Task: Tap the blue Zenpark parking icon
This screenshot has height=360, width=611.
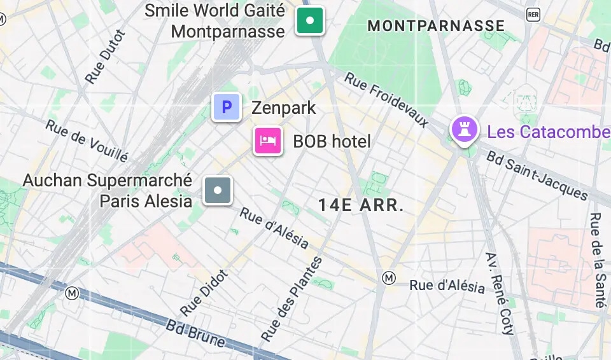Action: click(x=226, y=107)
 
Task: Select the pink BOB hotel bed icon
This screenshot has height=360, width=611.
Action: click(x=268, y=141)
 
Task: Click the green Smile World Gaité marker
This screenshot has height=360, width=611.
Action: click(x=310, y=21)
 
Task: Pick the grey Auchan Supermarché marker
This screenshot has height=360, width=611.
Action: click(x=218, y=190)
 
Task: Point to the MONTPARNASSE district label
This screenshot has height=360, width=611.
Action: click(x=436, y=26)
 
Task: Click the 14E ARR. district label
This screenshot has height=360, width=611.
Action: click(x=361, y=205)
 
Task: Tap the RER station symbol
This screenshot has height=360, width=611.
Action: click(x=533, y=14)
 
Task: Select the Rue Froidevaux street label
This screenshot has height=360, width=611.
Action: click(x=387, y=99)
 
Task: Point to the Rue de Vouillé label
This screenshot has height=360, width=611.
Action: click(x=87, y=139)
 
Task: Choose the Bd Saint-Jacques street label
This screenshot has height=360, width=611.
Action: click(x=537, y=175)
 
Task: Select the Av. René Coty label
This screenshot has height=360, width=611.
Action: click(x=500, y=293)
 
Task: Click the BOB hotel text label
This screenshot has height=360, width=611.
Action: click(x=332, y=141)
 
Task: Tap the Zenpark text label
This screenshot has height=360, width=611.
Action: click(x=283, y=107)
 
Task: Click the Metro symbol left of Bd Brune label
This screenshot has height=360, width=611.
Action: click(x=72, y=293)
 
